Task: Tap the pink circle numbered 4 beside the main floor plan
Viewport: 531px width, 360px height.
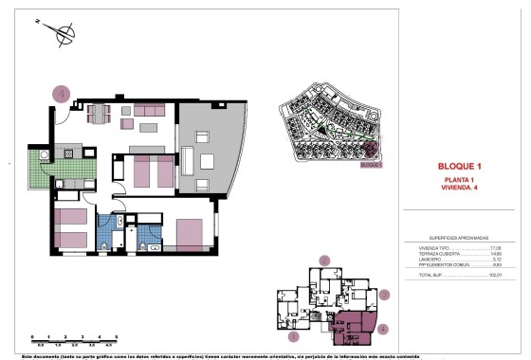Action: click(62, 93)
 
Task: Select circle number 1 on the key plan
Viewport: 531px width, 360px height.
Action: click(294, 334)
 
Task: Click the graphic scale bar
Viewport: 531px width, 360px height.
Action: click(73, 338)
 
